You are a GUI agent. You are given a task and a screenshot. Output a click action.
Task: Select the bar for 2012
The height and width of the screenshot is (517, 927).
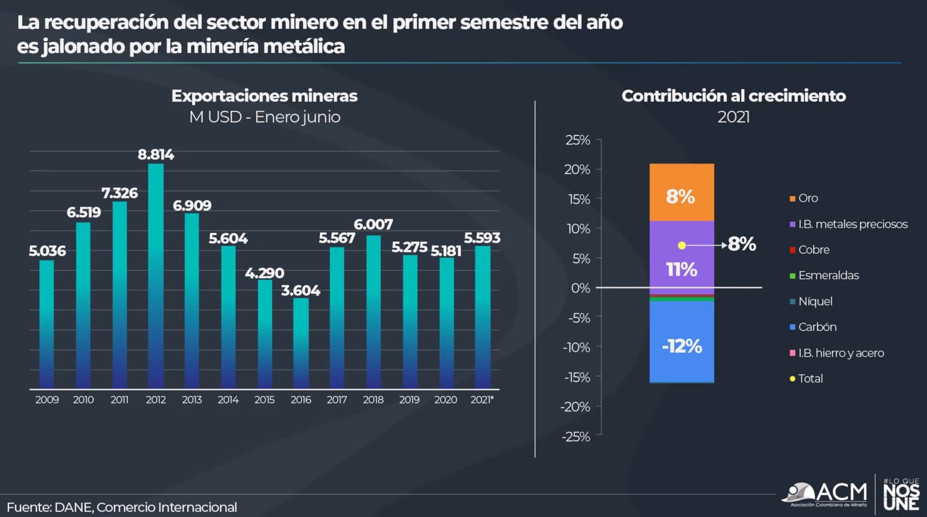click(x=156, y=277)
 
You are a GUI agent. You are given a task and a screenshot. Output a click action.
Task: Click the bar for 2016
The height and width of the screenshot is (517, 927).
click(x=301, y=344)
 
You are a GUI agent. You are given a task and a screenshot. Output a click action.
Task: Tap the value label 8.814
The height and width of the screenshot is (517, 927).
click(x=156, y=155)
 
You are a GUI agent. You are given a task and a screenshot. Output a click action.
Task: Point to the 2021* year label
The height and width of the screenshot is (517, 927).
click(x=482, y=400)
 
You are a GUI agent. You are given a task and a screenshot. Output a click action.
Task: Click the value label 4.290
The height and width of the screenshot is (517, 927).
click(x=265, y=273)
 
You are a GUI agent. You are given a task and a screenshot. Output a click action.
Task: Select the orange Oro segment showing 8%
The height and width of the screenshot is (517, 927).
click(x=682, y=193)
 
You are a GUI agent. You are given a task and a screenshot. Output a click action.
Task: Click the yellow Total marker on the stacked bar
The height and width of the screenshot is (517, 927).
click(x=682, y=245)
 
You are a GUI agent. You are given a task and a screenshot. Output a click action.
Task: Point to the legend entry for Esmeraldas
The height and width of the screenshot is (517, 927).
click(x=828, y=276)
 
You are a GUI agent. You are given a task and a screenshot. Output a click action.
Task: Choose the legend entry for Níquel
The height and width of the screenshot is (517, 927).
click(x=815, y=301)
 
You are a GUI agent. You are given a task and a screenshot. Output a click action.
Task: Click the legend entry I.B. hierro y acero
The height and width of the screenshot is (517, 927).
click(x=841, y=353)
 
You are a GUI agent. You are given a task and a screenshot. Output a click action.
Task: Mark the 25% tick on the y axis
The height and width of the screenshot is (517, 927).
click(x=577, y=140)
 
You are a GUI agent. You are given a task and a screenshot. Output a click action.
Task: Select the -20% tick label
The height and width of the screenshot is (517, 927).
click(x=575, y=407)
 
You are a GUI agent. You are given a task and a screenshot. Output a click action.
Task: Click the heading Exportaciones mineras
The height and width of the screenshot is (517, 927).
click(x=265, y=96)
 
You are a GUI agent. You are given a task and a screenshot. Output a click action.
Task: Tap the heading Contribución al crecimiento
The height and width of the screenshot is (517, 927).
click(x=733, y=96)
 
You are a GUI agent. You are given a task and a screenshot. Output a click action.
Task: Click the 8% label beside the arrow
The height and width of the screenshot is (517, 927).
click(x=742, y=244)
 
